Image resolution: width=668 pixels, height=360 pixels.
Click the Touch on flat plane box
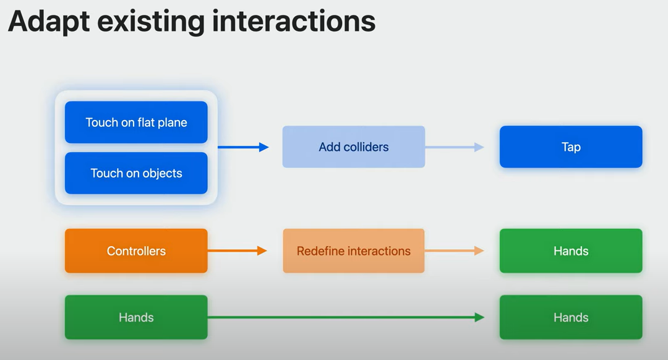click(136, 122)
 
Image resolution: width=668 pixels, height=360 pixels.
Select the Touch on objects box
click(136, 173)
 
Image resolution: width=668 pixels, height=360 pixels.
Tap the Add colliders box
click(354, 147)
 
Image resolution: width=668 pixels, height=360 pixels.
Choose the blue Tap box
click(571, 147)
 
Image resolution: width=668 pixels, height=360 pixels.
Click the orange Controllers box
click(136, 251)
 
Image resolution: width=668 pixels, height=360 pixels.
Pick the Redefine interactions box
click(354, 251)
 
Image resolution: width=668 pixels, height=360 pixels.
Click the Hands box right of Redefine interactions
click(571, 251)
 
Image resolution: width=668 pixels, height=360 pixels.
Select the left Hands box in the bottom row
click(136, 317)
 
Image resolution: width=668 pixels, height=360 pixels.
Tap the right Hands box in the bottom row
click(571, 317)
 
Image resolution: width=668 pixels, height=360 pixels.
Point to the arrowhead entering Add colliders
click(264, 147)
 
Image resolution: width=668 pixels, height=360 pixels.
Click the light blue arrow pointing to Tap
click(455, 147)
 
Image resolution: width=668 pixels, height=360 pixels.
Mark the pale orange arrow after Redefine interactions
click(455, 251)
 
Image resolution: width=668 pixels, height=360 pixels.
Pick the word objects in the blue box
click(163, 173)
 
